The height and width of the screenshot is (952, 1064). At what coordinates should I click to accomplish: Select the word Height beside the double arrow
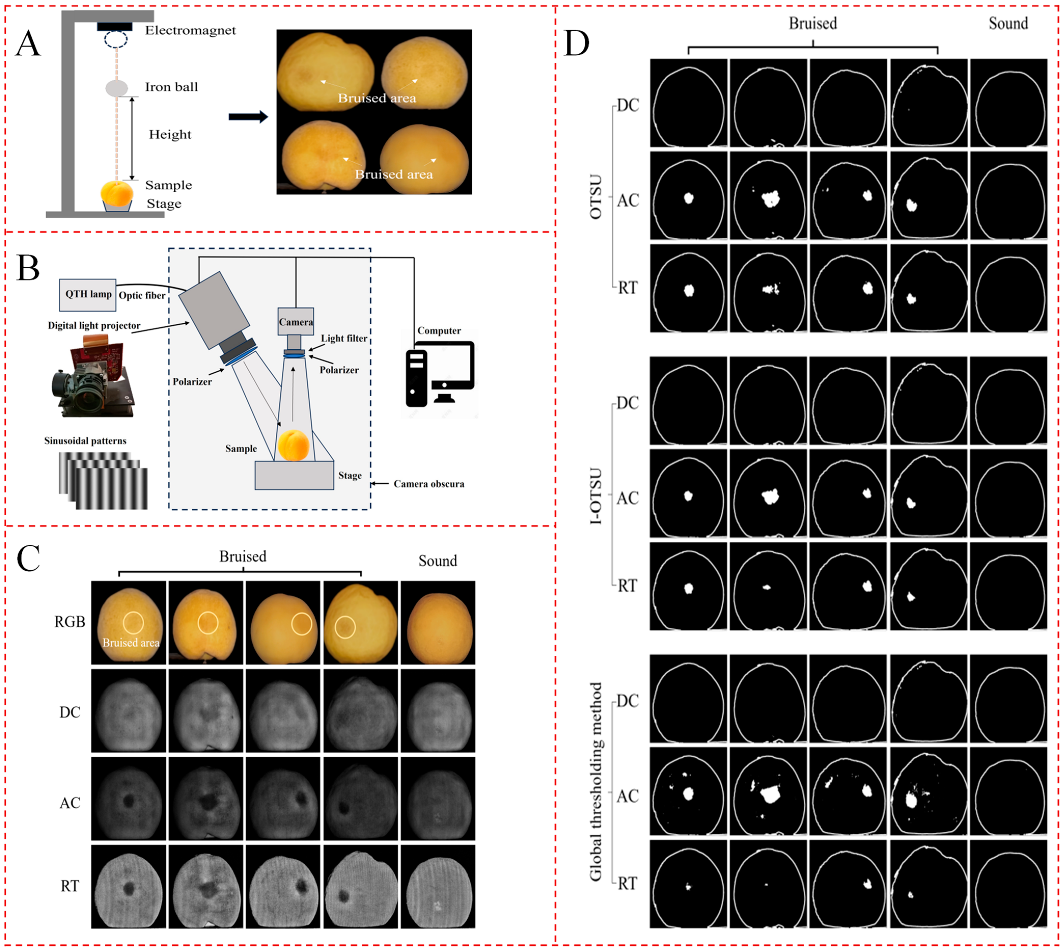(x=170, y=134)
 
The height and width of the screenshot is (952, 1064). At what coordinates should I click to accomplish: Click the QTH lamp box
(x=88, y=295)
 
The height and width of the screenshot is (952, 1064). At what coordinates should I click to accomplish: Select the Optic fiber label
(x=142, y=296)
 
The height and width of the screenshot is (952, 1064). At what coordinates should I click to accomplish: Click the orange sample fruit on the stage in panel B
(x=293, y=445)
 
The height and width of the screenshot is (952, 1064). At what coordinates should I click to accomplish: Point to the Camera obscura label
(x=429, y=484)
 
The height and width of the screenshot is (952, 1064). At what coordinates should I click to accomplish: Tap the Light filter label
(x=344, y=338)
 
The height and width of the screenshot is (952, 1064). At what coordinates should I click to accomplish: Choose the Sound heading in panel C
(x=438, y=561)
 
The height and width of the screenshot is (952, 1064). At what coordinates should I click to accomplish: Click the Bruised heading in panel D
(x=813, y=24)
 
